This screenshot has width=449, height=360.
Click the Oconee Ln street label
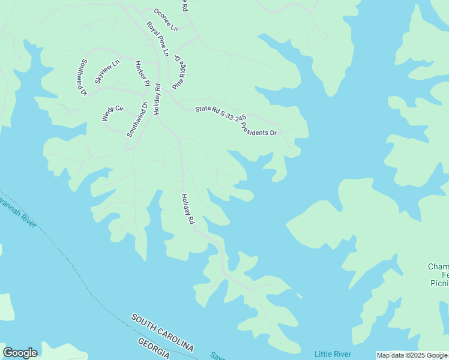click(x=166, y=20)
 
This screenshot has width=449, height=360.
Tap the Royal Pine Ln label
click(x=157, y=39)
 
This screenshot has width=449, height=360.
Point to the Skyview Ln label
click(x=107, y=72)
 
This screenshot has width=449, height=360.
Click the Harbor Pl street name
click(x=141, y=74)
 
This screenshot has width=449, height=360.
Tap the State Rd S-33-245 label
click(x=220, y=114)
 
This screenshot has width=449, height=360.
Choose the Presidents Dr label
click(x=259, y=129)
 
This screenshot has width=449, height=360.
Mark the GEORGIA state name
click(x=154, y=349)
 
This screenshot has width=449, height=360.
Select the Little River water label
click(x=333, y=354)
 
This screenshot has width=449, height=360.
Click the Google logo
click(x=20, y=353)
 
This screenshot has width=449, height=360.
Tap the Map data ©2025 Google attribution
click(x=412, y=355)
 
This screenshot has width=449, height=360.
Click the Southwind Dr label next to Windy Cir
click(x=137, y=119)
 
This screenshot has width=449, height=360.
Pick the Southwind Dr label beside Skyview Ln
click(x=82, y=77)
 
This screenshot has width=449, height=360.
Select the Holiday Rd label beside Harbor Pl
click(x=157, y=99)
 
